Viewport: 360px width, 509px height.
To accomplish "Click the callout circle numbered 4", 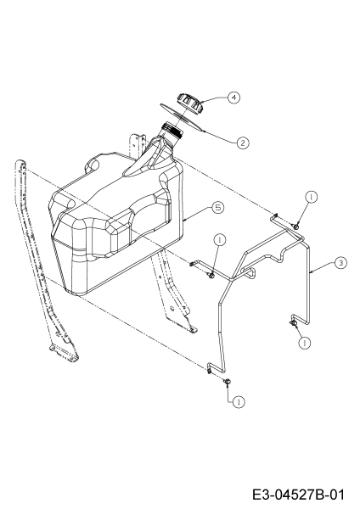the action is point(233,98).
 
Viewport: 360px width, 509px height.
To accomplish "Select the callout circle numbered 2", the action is point(243,143).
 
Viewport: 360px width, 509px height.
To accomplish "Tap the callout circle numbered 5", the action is point(218,207).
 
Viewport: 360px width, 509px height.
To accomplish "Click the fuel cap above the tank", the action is point(190,103).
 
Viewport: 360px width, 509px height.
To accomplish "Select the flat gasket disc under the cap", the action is point(182,118).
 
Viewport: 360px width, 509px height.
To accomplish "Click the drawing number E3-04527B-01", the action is point(298,495).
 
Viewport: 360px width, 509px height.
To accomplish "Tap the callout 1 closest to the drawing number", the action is point(239,402).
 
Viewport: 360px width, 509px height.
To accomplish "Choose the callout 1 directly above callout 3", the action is point(312,197).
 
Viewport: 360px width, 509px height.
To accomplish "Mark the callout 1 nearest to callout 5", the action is point(220,239).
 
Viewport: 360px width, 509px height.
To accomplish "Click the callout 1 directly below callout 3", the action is point(305,343).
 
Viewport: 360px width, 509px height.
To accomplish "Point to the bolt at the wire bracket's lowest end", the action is point(228,382).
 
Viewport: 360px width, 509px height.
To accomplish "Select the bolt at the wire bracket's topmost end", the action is point(296,226).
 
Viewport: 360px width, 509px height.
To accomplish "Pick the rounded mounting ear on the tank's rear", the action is point(93,164).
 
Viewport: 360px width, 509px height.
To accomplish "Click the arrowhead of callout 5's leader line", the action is point(184,221).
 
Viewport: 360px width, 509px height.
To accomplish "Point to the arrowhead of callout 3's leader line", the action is point(310,272).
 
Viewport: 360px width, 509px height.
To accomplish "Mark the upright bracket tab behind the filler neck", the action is point(138,145).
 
